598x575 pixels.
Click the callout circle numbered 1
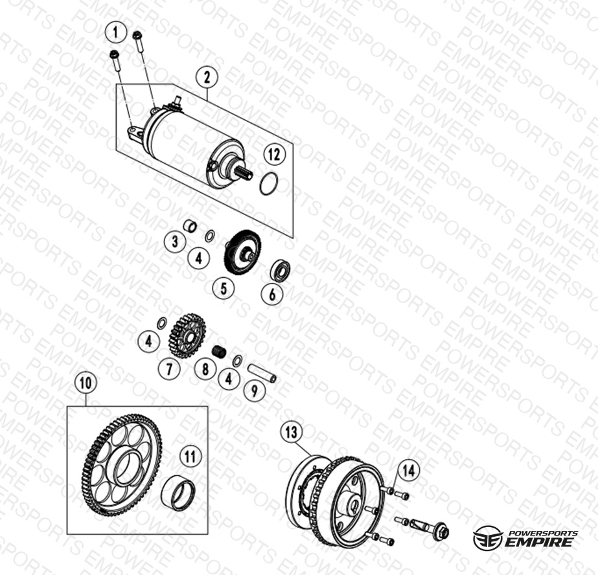[x=115, y=33]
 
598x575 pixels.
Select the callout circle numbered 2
[x=207, y=78]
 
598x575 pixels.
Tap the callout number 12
[x=274, y=155]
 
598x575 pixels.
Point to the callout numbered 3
[x=175, y=242]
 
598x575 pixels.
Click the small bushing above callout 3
[x=190, y=225]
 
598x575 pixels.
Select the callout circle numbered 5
[x=224, y=287]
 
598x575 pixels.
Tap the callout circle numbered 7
[x=169, y=368]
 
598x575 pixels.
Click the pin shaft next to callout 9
[x=262, y=374]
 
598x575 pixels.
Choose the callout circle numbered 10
[x=86, y=383]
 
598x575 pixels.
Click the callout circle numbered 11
[x=190, y=457]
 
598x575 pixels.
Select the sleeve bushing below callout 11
[x=178, y=494]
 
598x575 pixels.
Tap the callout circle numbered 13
[x=291, y=433]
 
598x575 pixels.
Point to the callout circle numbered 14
[x=408, y=471]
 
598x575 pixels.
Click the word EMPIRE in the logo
[x=539, y=542]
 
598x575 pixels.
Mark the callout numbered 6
[x=272, y=294]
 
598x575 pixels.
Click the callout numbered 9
[x=254, y=390]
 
